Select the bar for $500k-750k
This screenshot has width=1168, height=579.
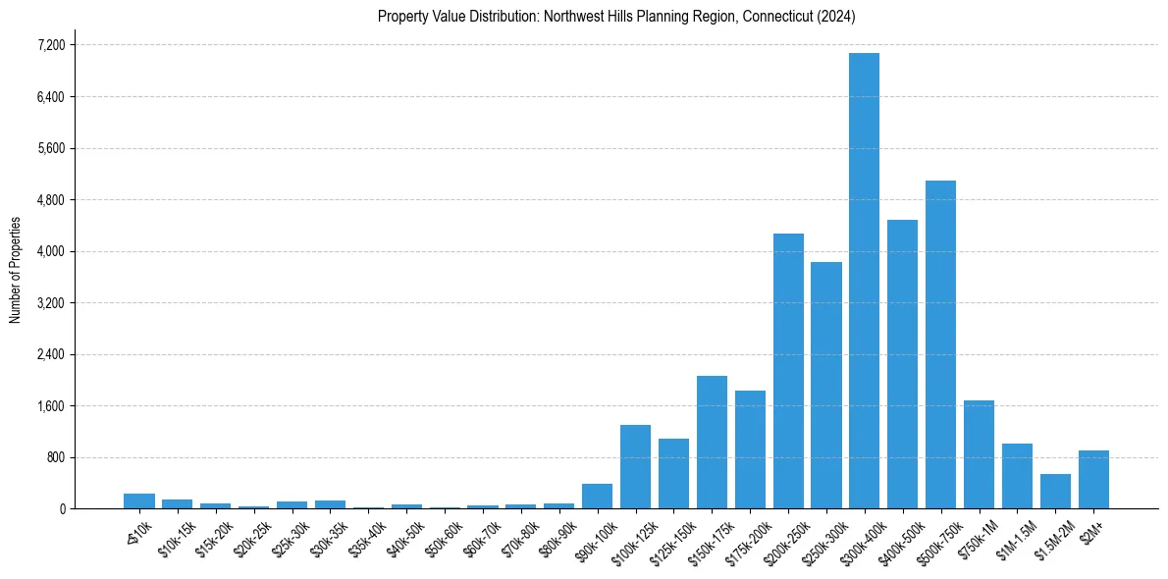(x=940, y=344)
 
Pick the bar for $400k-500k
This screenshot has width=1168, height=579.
(x=902, y=364)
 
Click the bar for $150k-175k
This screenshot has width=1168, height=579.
(x=712, y=442)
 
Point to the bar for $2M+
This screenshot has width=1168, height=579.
(x=1093, y=480)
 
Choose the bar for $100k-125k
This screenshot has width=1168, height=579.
(x=635, y=467)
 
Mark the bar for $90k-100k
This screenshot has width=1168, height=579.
(x=597, y=497)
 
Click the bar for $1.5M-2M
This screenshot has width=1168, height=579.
(x=1055, y=492)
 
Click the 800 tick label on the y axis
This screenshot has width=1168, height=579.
(x=55, y=457)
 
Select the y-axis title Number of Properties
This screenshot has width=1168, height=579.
(x=16, y=269)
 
